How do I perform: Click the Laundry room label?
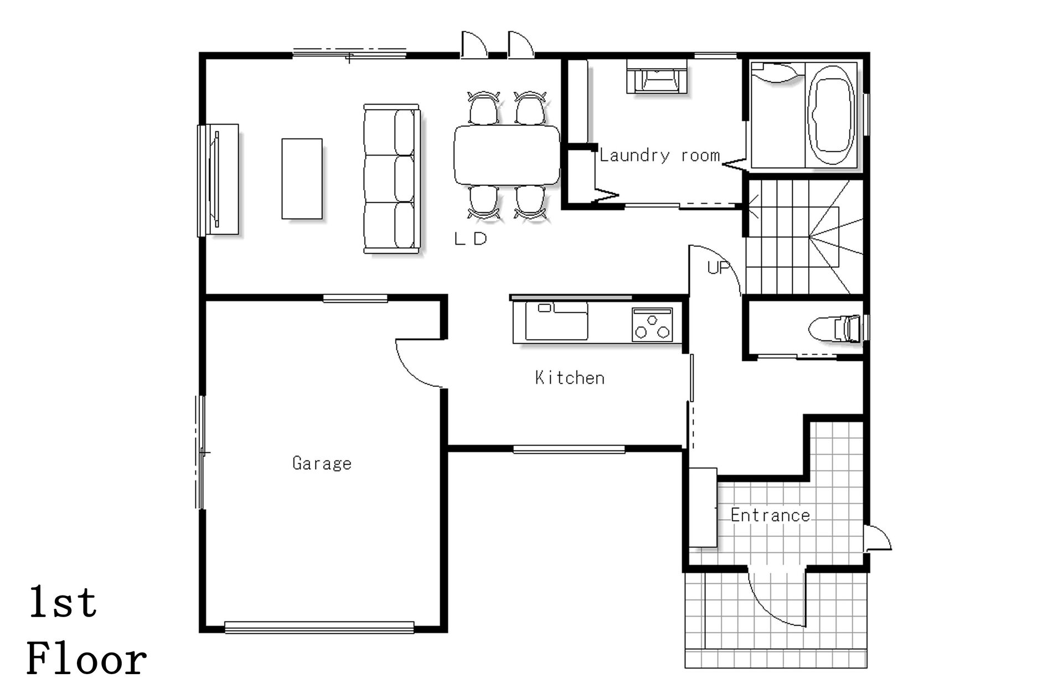(x=659, y=156)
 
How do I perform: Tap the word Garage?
(x=322, y=463)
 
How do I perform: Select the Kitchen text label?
(x=570, y=378)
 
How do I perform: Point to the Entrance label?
(x=770, y=515)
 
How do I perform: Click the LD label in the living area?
(x=471, y=239)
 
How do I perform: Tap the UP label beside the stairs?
(x=719, y=268)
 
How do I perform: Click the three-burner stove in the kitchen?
(x=652, y=324)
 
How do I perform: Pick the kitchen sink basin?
(x=556, y=322)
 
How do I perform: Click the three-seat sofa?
(x=391, y=179)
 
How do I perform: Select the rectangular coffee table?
(x=302, y=179)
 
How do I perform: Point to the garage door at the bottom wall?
(x=319, y=628)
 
